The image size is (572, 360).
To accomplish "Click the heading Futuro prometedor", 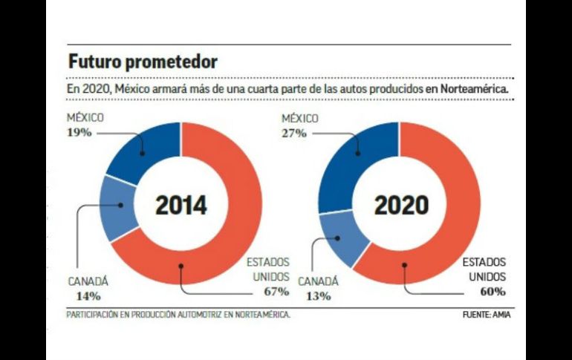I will pyautogui.click(x=143, y=61).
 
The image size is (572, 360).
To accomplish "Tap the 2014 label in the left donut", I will pyautogui.click(x=181, y=205).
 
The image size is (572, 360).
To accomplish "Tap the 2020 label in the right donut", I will pyautogui.click(x=401, y=205).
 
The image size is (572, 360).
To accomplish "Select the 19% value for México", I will pyautogui.click(x=79, y=132).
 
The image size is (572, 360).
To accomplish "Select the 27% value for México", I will pyautogui.click(x=294, y=133).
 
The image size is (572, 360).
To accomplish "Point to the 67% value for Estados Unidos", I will pyautogui.click(x=274, y=289).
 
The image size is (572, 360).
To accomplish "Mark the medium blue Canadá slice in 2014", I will pyautogui.click(x=117, y=208).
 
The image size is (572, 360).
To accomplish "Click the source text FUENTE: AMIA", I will pyautogui.click(x=487, y=314).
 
